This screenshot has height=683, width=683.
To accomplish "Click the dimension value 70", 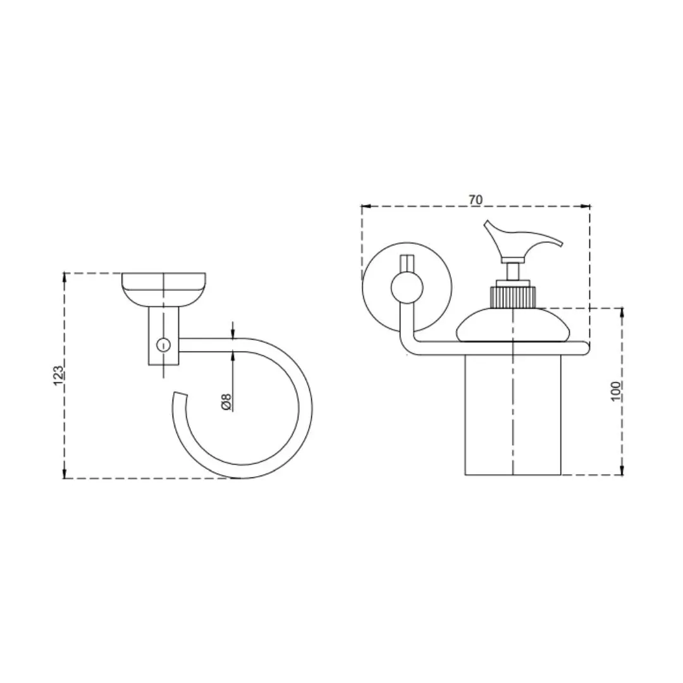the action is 476,200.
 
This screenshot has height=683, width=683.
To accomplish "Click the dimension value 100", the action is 615,391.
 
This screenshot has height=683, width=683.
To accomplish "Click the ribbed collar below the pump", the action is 513,297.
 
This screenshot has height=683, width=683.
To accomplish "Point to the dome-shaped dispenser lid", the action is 513,324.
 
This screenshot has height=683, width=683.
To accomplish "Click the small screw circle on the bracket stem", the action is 163,345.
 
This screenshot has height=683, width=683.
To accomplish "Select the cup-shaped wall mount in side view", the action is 164,290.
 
